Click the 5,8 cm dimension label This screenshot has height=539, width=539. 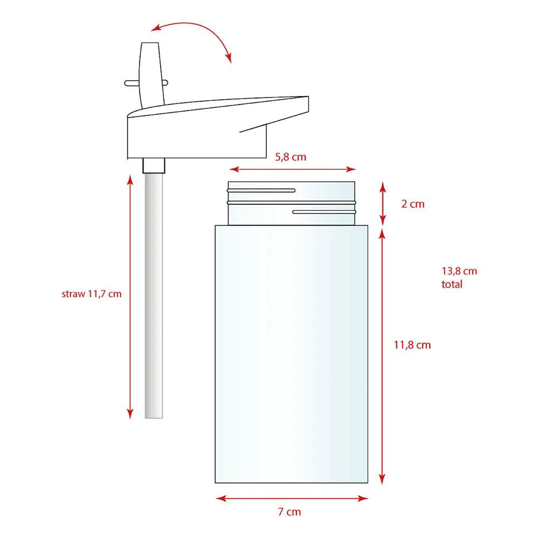point(291,157)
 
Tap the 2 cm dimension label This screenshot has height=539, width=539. point(413,204)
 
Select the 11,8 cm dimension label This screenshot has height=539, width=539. point(412,345)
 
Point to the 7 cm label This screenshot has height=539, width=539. point(289,512)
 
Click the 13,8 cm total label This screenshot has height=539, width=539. point(459,278)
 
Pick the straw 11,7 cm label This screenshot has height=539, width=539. point(92,294)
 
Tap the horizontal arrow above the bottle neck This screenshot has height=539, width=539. point(292,169)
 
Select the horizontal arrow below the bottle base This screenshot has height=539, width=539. point(292,499)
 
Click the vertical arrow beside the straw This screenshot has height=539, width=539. point(130,296)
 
